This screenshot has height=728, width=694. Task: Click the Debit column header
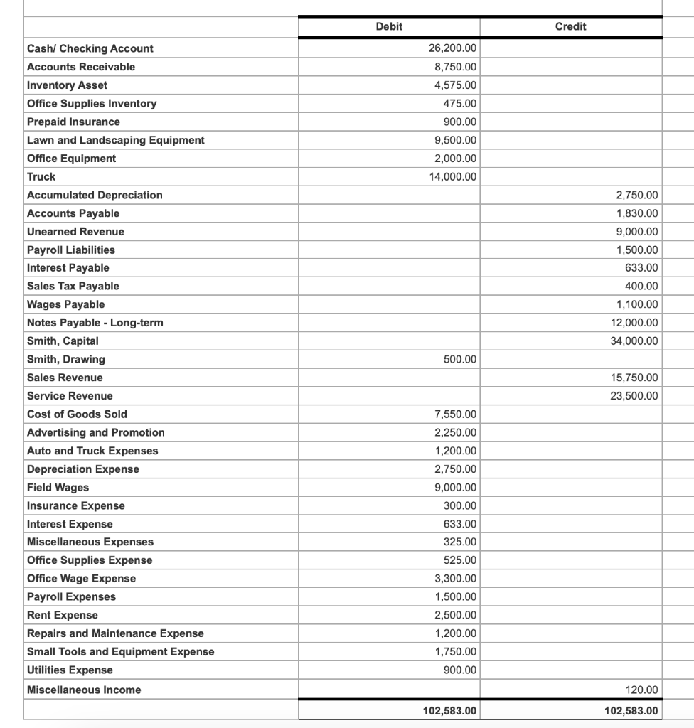pyautogui.click(x=389, y=26)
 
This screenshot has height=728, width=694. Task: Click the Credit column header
pyautogui.click(x=570, y=26)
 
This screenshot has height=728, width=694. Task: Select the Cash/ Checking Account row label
pyautogui.click(x=90, y=48)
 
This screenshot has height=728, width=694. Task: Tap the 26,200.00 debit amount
pyautogui.click(x=453, y=48)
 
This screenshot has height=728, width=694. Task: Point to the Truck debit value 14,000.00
pyautogui.click(x=453, y=176)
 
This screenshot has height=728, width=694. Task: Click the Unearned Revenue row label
pyautogui.click(x=75, y=232)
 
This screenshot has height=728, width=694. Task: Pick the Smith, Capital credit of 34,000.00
pyautogui.click(x=634, y=341)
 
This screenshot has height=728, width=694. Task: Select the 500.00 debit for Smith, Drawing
pyautogui.click(x=460, y=360)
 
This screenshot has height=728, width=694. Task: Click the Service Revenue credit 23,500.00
pyautogui.click(x=634, y=396)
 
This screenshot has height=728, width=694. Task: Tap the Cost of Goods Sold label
pyautogui.click(x=77, y=414)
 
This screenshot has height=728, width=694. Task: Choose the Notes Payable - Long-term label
pyautogui.click(x=95, y=323)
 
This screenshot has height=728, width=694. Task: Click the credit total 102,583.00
pyautogui.click(x=631, y=711)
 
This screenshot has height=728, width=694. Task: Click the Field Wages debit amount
pyautogui.click(x=456, y=488)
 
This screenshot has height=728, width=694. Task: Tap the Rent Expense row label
pyautogui.click(x=63, y=616)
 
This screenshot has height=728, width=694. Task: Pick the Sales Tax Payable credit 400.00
pyautogui.click(x=642, y=287)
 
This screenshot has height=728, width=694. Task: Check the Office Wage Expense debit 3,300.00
pyautogui.click(x=456, y=579)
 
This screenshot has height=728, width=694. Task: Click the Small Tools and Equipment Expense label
pyautogui.click(x=120, y=652)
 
